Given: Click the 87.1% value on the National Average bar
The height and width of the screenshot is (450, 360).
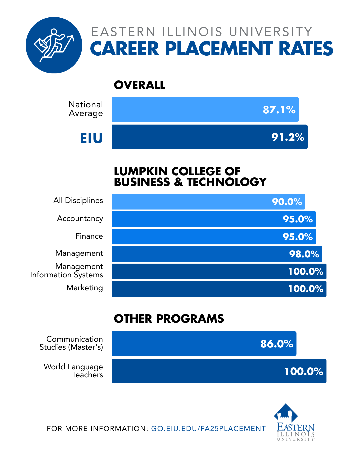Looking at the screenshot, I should [x=279, y=110].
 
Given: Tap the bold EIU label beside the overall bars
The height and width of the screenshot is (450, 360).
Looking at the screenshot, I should [x=91, y=138].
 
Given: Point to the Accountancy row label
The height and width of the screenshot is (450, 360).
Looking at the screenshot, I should [x=80, y=218].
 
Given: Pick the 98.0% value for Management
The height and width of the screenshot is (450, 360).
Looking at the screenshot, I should [x=304, y=254].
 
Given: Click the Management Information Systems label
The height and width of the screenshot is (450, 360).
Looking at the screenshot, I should [x=67, y=271].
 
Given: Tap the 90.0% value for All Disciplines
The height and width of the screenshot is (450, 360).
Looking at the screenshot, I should [x=287, y=202].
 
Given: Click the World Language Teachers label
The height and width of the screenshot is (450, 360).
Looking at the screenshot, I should [x=74, y=371].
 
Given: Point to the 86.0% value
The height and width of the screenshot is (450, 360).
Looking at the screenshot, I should [x=277, y=344].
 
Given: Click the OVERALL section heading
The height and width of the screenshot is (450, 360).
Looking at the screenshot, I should [x=140, y=85].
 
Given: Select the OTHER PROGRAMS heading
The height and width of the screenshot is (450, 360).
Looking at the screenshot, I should [x=169, y=319].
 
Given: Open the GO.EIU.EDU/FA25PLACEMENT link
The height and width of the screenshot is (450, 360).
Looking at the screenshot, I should [x=208, y=429].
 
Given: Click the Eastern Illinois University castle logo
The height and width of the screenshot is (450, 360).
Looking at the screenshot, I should [x=295, y=422].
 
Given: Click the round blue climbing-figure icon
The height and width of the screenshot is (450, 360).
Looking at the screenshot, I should [x=54, y=45].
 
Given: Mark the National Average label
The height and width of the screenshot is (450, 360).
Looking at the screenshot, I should [x=86, y=109].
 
